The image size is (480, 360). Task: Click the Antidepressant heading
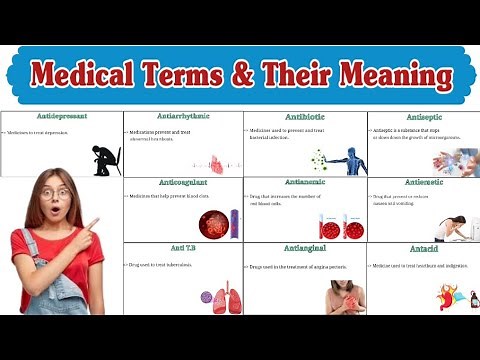[x=62, y=117]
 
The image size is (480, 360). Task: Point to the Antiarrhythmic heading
[x=183, y=117]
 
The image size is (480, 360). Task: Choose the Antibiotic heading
[x=305, y=117]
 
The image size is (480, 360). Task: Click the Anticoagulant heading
[x=183, y=183]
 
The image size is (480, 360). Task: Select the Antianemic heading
[x=305, y=183]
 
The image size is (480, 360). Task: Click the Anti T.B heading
[x=183, y=248]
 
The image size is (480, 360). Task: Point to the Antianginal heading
[x=305, y=248]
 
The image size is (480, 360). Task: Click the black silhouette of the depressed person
[x=106, y=160]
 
